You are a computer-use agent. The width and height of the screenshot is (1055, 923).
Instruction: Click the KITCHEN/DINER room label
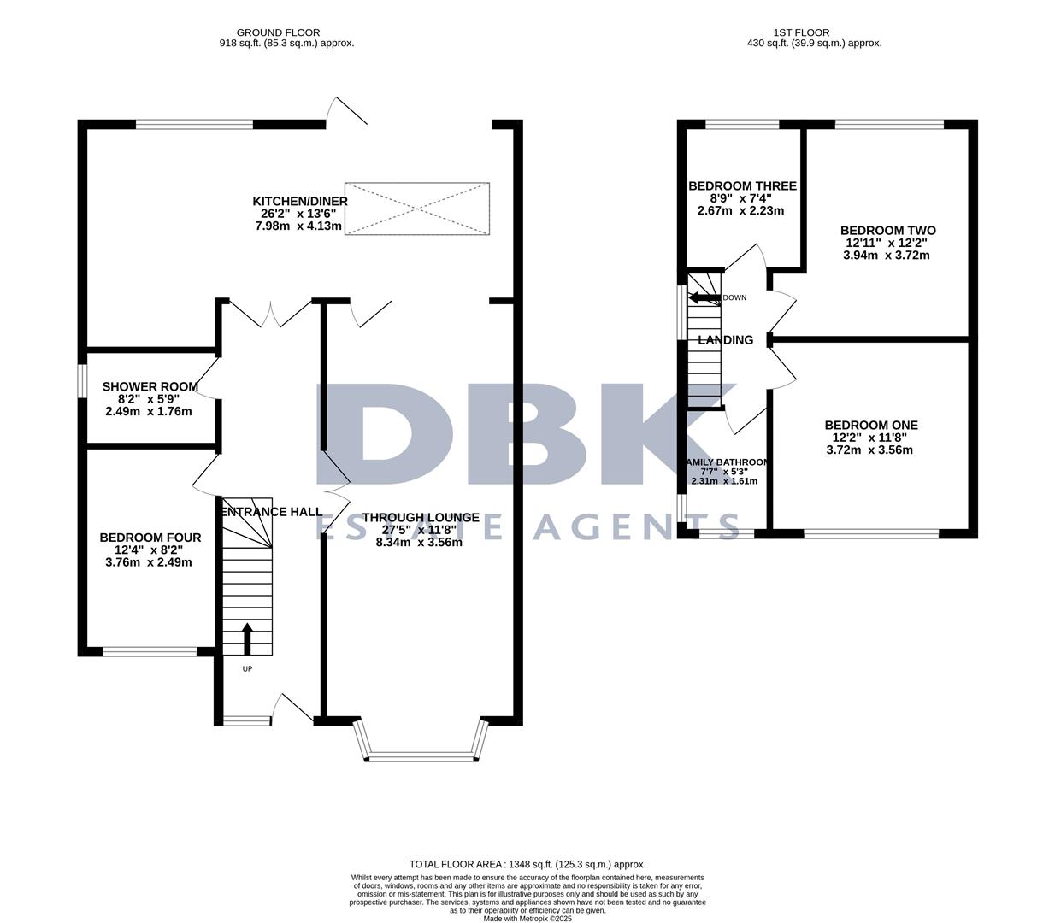coord(299,201)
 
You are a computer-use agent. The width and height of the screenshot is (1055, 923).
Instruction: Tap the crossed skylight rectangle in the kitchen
coord(417,208)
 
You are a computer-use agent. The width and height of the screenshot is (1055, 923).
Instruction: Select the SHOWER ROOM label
coord(150,386)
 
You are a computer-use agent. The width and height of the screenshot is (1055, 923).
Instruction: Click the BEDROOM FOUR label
coord(150,538)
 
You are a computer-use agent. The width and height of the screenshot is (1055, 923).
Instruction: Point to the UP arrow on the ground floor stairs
coord(248,638)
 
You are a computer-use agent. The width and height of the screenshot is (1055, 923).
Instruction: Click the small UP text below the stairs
coord(248,668)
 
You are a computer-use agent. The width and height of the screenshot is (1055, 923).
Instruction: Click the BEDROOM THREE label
coord(742,186)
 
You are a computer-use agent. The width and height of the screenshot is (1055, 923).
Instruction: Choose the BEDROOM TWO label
coord(887,231)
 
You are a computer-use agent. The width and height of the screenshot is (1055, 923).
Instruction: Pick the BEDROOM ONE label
coord(871,425)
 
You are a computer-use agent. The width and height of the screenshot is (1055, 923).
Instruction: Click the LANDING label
coord(726,340)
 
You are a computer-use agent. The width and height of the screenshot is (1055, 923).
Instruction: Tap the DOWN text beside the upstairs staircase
coord(734,298)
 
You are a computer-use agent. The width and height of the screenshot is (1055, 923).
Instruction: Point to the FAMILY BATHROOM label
coord(726,462)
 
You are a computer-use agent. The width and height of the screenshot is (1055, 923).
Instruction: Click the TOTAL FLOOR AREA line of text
coord(527,864)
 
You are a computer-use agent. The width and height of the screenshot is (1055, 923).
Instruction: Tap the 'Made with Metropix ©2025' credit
coord(527,919)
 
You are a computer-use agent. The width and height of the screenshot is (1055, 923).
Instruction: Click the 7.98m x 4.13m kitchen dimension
coord(299,226)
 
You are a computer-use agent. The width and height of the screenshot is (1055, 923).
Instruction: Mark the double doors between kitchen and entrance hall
coord(272,315)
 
